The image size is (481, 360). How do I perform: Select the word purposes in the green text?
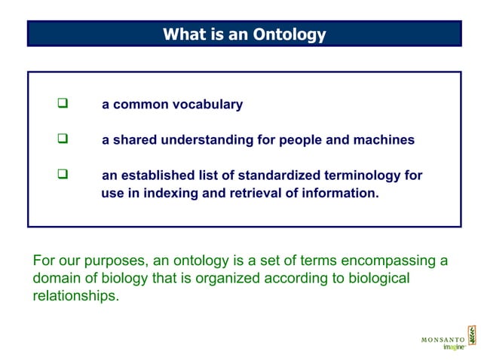(116, 261)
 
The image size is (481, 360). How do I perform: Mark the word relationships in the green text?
(75, 296)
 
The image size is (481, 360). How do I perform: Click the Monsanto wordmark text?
(443, 339)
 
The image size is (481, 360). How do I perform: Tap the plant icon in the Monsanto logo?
(471, 335)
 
